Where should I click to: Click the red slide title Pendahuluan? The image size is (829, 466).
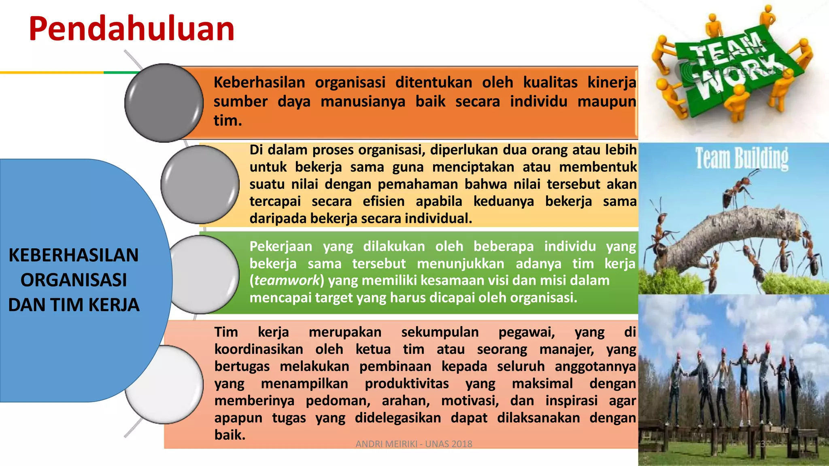pyautogui.click(x=132, y=29)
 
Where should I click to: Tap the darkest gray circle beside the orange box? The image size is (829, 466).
pyautogui.click(x=164, y=103)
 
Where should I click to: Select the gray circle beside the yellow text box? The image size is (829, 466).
pyautogui.click(x=200, y=184)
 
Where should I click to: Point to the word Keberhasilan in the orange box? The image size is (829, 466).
pyautogui.click(x=259, y=83)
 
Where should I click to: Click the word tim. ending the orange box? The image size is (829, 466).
pyautogui.click(x=227, y=121)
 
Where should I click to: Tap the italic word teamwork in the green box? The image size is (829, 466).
pyautogui.click(x=287, y=280)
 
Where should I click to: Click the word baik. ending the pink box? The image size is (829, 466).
pyautogui.click(x=230, y=435)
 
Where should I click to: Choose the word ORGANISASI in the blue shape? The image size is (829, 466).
pyautogui.click(x=74, y=280)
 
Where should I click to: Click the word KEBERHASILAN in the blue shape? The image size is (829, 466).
pyautogui.click(x=74, y=255)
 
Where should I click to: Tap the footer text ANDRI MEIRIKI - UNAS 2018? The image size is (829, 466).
pyautogui.click(x=414, y=444)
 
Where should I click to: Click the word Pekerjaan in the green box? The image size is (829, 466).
pyautogui.click(x=281, y=246)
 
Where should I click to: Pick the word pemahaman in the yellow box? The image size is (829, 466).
pyautogui.click(x=418, y=184)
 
